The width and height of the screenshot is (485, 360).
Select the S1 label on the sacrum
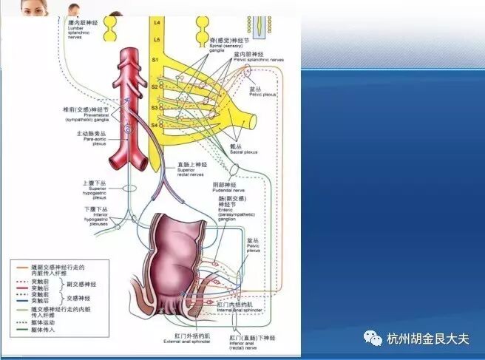[155, 60]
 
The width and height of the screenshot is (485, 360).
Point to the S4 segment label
[155, 125]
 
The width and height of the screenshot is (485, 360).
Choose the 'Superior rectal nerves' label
[191, 171]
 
